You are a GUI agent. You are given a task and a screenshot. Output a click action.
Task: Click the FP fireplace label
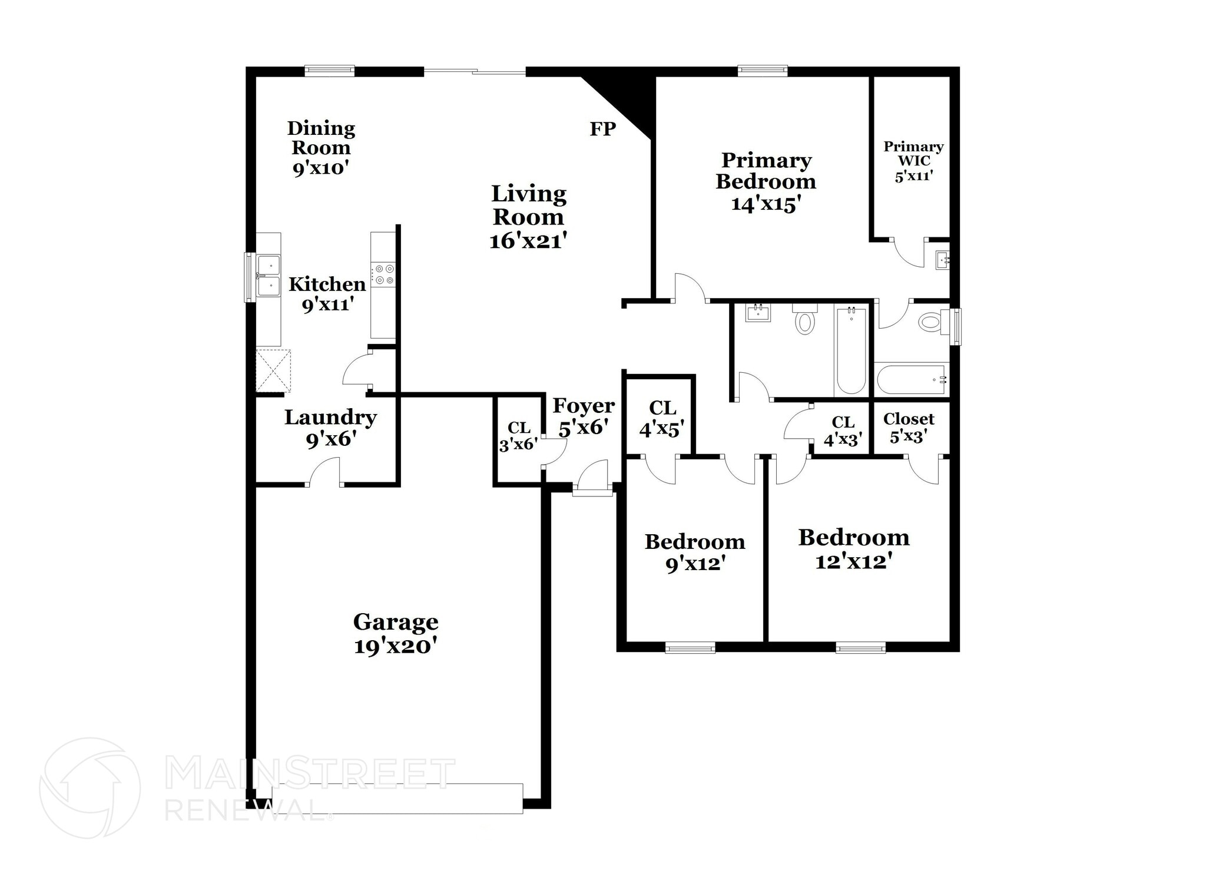tap(602, 129)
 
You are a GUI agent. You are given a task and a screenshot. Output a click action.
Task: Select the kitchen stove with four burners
tap(383, 275)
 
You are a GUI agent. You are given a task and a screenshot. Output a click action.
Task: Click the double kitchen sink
tap(268, 276)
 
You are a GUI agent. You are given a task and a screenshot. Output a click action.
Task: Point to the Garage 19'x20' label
tap(395, 634)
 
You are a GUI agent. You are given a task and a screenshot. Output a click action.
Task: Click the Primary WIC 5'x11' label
tap(913, 161)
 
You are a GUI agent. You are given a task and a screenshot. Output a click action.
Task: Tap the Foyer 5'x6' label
tap(583, 416)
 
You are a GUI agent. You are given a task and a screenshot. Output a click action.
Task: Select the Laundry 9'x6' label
tap(330, 428)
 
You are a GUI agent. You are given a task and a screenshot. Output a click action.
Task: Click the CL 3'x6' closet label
tap(518, 436)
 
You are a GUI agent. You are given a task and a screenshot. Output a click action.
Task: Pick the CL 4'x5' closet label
tap(662, 418)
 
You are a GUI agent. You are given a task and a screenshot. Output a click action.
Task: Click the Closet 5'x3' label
tap(909, 427)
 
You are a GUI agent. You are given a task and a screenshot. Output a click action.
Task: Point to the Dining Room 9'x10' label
tap(321, 148)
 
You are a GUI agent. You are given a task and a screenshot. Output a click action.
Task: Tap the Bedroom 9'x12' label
tap(694, 552)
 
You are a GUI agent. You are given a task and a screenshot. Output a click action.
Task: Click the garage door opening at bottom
tap(397, 798)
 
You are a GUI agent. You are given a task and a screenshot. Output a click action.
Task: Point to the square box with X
tap(273, 370)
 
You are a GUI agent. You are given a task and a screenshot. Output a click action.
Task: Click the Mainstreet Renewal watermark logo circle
tap(90, 788)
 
